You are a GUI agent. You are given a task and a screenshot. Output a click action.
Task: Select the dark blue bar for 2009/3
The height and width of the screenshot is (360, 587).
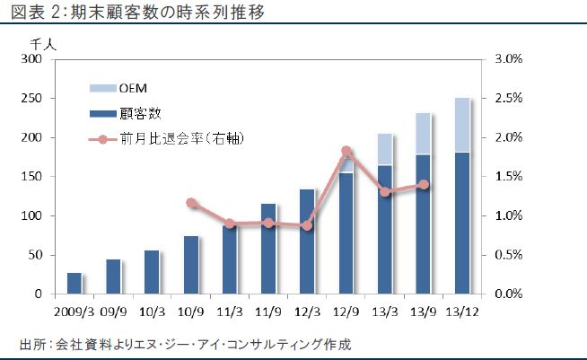74,283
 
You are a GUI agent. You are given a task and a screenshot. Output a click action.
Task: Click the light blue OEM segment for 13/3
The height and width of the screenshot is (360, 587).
385,149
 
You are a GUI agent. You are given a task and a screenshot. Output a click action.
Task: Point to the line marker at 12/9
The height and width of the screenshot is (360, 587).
346,152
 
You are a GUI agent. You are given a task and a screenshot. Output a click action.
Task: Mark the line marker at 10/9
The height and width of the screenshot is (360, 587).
190,203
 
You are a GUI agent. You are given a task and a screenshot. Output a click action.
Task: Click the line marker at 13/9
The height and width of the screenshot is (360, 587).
424,185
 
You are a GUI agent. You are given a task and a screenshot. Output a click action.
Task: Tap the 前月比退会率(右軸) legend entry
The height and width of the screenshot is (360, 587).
180,138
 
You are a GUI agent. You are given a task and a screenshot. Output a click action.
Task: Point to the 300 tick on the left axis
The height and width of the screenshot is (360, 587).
32,59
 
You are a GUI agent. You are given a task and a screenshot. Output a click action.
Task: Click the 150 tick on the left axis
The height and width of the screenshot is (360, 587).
32,177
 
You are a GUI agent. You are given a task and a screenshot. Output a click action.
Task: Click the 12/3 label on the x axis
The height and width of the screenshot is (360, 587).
307,312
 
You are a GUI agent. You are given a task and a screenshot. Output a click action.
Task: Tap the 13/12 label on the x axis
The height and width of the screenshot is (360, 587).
463,312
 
